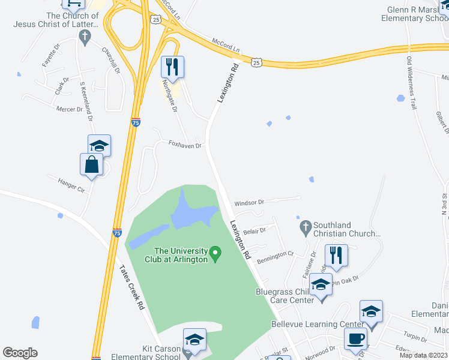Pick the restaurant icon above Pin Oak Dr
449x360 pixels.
tap(337, 256)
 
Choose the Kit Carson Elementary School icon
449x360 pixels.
tap(194, 340)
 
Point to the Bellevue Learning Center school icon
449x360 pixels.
tap(371, 312)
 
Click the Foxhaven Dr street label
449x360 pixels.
tap(184, 145)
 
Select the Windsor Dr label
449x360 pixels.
tap(249, 203)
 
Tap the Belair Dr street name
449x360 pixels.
tap(255, 229)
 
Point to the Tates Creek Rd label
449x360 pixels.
tap(132, 287)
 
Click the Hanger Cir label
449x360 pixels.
tap(72, 184)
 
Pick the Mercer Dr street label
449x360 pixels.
tap(70, 109)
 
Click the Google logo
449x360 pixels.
tap(20, 353)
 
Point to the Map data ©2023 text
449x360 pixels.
tap(423, 355)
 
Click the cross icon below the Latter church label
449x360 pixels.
tap(85, 38)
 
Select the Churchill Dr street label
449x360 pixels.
tap(111, 61)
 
